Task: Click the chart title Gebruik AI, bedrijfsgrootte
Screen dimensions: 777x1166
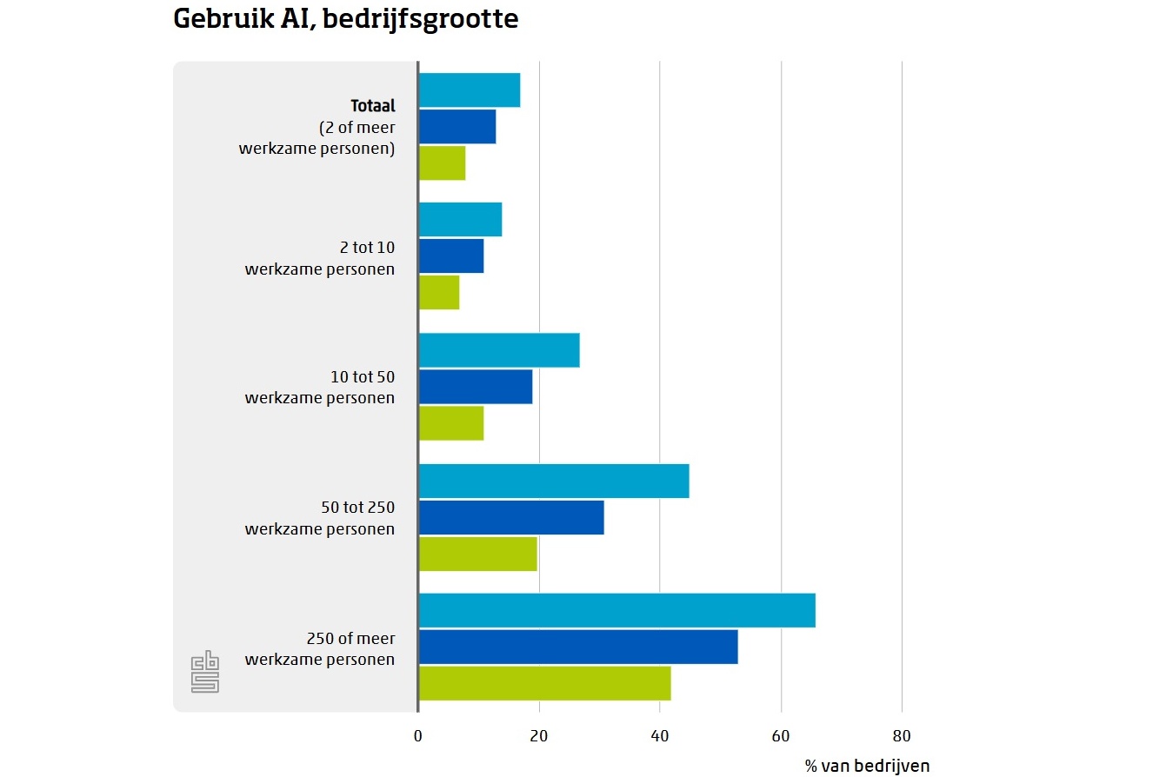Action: coord(345,20)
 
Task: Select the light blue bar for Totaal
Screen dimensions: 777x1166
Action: coord(470,90)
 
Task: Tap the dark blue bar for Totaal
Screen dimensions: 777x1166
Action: coord(457,127)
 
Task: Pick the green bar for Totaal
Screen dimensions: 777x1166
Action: coord(442,163)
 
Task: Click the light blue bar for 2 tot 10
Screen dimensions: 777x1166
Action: coord(460,219)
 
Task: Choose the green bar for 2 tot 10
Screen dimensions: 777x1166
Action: coord(439,292)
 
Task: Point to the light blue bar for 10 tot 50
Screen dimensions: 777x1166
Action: coord(499,350)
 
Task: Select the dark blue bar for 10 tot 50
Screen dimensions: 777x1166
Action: coord(476,387)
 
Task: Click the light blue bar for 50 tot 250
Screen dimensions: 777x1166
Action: coord(554,481)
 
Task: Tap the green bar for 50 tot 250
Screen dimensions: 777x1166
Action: coord(477,554)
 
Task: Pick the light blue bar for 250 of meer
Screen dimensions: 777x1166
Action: coord(617,610)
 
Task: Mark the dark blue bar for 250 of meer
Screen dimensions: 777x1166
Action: coord(578,647)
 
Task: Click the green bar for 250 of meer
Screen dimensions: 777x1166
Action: coord(545,683)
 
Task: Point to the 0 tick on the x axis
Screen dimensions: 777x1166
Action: coord(418,737)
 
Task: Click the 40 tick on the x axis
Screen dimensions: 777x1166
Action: coord(660,737)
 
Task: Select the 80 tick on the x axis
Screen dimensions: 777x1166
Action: coord(902,737)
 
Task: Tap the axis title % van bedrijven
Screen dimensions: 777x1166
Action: coord(867,766)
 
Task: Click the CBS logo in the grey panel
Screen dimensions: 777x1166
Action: coord(205,673)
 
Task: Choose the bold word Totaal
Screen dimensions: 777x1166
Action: coord(373,106)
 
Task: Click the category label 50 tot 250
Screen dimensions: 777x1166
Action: coord(357,508)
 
